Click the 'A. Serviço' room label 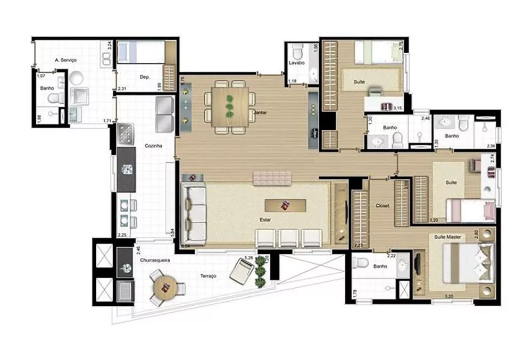66,61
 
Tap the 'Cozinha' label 153,146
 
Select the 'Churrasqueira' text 155,261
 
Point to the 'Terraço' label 209,277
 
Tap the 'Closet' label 382,205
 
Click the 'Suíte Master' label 447,236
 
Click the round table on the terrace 165,288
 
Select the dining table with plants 230,106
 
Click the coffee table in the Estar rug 285,205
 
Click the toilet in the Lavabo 297,52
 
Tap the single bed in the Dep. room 140,52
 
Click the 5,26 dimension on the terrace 248,258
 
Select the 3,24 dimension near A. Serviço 109,45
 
